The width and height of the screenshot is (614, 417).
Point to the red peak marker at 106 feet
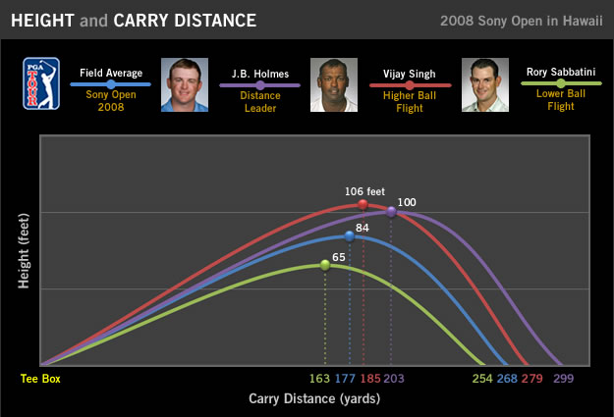[363, 204]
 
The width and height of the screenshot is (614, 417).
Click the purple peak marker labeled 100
[391, 211]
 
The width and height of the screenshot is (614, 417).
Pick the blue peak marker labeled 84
[350, 236]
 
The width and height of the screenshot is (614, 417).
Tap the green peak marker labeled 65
[325, 265]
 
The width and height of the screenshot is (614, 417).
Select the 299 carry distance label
[564, 379]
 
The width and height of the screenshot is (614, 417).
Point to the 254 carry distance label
[482, 379]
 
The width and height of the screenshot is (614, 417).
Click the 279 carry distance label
[531, 379]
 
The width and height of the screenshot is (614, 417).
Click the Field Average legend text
[111, 73]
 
